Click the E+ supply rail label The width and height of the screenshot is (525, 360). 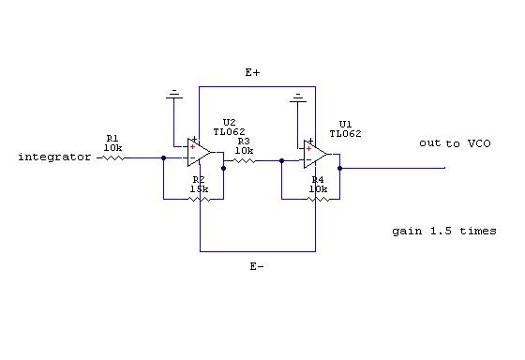pyautogui.click(x=252, y=72)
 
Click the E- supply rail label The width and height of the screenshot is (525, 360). pyautogui.click(x=257, y=266)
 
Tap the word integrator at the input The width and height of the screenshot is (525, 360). pyautogui.click(x=54, y=157)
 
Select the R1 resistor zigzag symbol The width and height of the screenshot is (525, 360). pyautogui.click(x=112, y=158)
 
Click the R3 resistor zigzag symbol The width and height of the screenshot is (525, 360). pyautogui.click(x=244, y=161)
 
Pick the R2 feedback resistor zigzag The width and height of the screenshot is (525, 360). pyautogui.click(x=200, y=200)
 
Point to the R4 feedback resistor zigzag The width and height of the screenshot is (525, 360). pyautogui.click(x=318, y=200)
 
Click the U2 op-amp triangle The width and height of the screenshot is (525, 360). pyautogui.click(x=199, y=153)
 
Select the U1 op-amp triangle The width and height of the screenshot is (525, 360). pyautogui.click(x=315, y=154)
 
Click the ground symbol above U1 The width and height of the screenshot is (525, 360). pyautogui.click(x=298, y=97)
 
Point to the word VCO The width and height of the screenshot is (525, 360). pyautogui.click(x=479, y=143)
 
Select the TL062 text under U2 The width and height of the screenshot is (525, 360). pyautogui.click(x=230, y=132)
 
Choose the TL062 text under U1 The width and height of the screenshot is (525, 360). pyautogui.click(x=346, y=134)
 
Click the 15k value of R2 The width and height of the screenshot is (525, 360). pyautogui.click(x=199, y=189)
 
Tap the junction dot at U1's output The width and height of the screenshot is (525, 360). pyautogui.click(x=339, y=168)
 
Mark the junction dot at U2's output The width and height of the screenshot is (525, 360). pyautogui.click(x=224, y=168)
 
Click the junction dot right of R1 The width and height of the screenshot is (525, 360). pyautogui.click(x=163, y=158)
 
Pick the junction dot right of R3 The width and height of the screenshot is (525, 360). pyautogui.click(x=281, y=161)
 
